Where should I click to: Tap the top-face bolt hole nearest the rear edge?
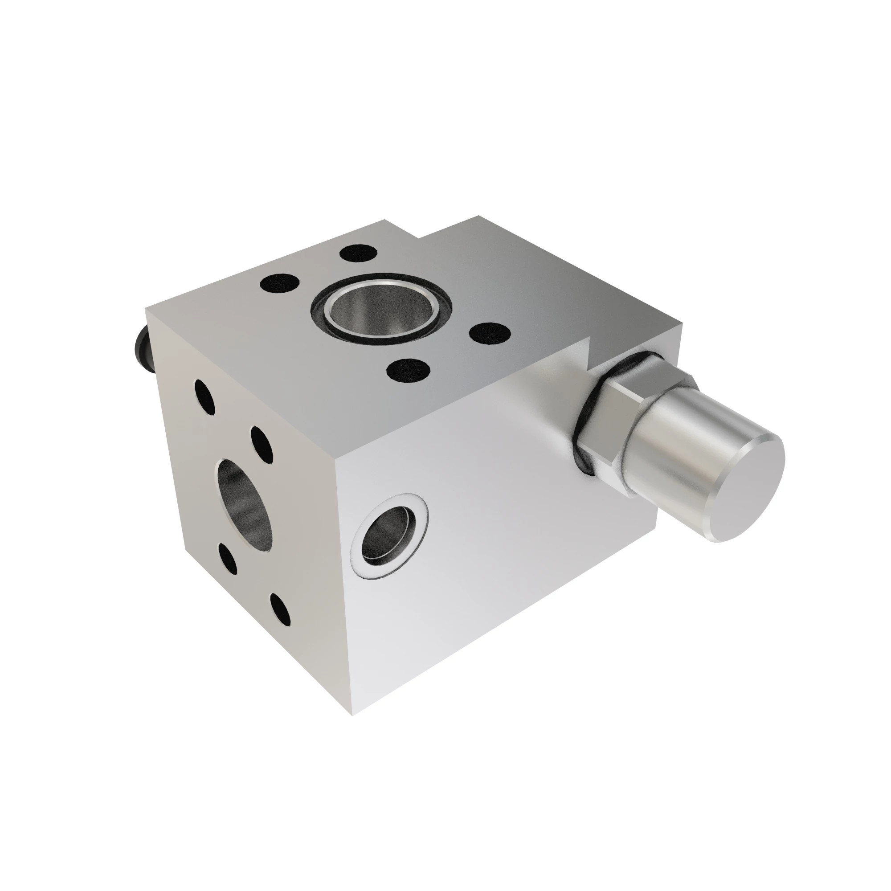coord(358,253)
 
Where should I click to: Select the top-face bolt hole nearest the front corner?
coord(409,370)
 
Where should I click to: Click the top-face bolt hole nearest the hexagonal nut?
coord(489,332)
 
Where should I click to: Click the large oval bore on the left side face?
coord(245,505)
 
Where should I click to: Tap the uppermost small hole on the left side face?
coord(204,397)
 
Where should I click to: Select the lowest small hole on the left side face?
coord(280,609)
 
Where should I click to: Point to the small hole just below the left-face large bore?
coord(226,559)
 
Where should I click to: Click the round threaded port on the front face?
coord(388,537)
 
